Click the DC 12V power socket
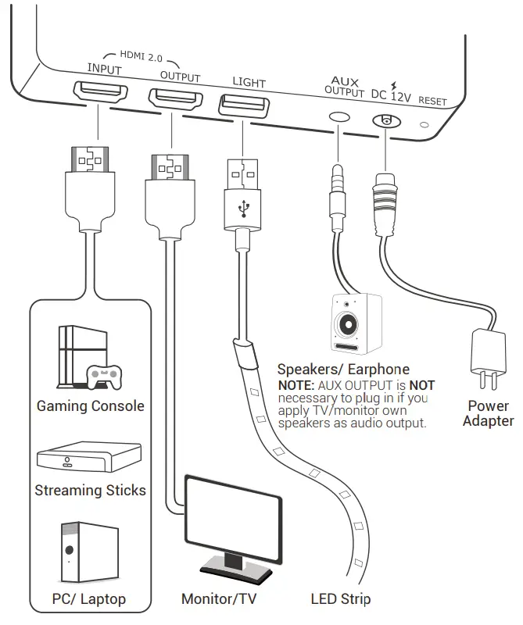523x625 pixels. click(x=385, y=121)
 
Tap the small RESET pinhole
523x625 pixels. click(x=424, y=123)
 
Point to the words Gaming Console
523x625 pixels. click(x=90, y=406)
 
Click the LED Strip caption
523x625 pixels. click(x=340, y=599)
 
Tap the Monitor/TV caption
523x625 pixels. click(x=219, y=599)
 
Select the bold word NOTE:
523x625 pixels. click(x=296, y=386)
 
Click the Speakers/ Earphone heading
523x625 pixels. click(x=343, y=370)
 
